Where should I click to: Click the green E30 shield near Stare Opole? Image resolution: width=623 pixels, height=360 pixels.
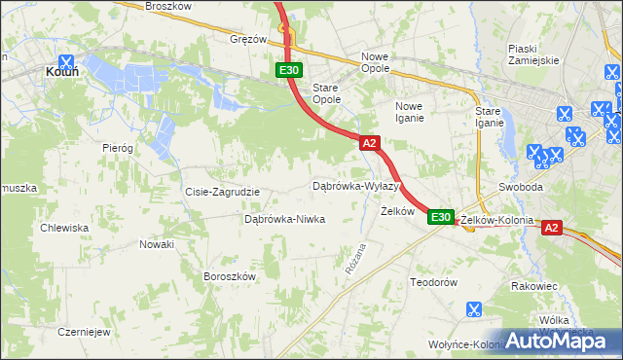point(289,70)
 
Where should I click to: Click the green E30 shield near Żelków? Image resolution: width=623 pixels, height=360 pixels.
point(441,217)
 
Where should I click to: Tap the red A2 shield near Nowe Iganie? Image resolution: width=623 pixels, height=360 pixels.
point(369,143)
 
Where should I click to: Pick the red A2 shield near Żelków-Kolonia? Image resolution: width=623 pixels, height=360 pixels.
point(551,228)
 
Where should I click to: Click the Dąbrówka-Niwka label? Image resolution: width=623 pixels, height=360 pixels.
point(284,219)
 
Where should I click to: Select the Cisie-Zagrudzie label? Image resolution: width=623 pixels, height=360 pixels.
point(222,192)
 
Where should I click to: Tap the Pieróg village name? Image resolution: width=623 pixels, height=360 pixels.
point(117,148)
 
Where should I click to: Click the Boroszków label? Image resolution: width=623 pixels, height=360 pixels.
point(229,276)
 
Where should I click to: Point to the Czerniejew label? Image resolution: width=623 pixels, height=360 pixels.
point(82,331)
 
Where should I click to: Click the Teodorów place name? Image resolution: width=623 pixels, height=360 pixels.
point(433,281)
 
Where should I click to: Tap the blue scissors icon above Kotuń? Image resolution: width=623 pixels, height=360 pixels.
point(66,59)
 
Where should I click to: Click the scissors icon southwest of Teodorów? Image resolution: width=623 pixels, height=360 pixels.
point(473,310)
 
